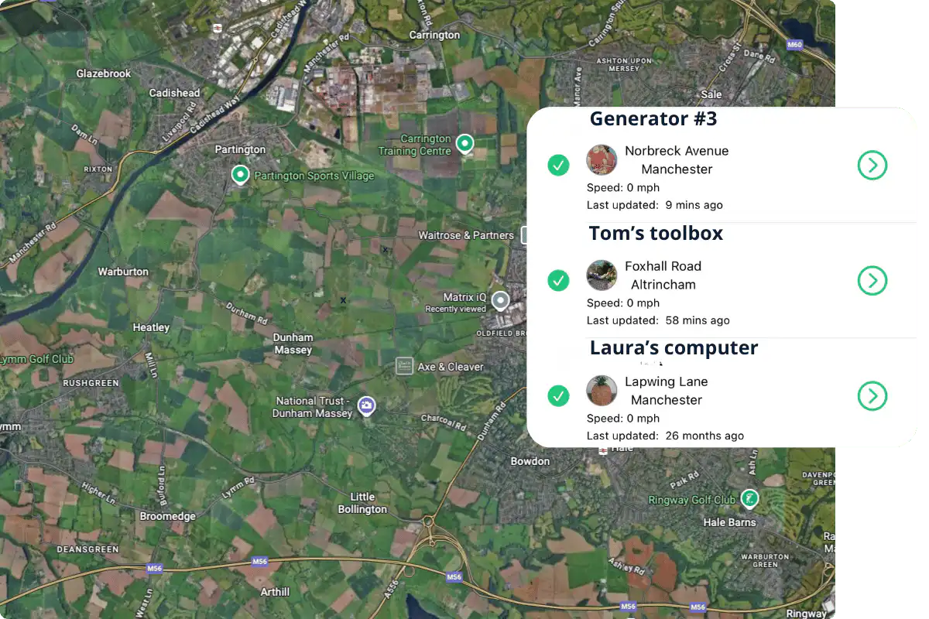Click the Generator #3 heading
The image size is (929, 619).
tap(653, 118)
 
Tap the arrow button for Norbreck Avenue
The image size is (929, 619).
tap(872, 165)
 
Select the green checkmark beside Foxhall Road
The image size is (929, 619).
tap(558, 280)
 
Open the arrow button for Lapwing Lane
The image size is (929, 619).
tap(872, 395)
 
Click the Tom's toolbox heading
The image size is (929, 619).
tap(656, 233)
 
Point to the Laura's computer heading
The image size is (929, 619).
tap(674, 347)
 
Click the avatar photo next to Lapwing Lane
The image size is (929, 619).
tap(602, 391)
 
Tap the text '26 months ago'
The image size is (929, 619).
tap(704, 436)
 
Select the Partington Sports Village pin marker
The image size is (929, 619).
tap(240, 175)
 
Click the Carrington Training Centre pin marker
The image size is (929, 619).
tap(464, 142)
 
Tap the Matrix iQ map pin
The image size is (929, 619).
tap(502, 299)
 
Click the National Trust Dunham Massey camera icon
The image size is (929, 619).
tap(368, 405)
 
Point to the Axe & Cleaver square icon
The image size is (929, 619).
tap(404, 366)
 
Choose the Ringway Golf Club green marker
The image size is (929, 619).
tap(749, 498)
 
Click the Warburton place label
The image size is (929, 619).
tap(123, 272)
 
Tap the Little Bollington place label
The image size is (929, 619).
tap(362, 503)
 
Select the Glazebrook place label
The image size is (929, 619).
tap(104, 74)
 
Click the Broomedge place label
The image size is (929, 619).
tap(167, 516)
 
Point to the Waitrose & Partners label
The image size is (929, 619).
tap(466, 235)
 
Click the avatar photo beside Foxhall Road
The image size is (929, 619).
tap(602, 275)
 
